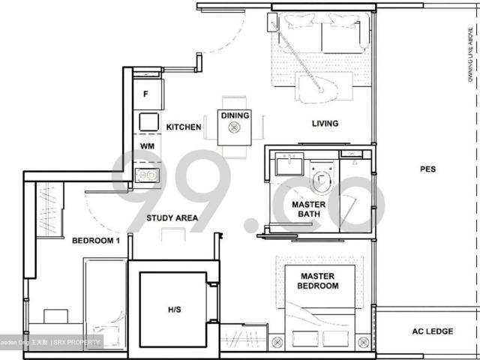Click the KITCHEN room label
click(x=184, y=127)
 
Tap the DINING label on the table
click(x=235, y=115)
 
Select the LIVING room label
click(x=324, y=124)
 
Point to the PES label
click(x=427, y=169)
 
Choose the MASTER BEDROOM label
click(x=317, y=280)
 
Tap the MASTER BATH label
click(x=308, y=208)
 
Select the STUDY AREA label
click(x=172, y=218)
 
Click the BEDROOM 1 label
click(x=96, y=241)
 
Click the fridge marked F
click(x=147, y=94)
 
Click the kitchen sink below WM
click(x=146, y=175)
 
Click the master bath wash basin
click(x=286, y=164)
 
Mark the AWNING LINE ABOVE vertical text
click(x=470, y=52)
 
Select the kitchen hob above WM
click(x=147, y=121)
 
